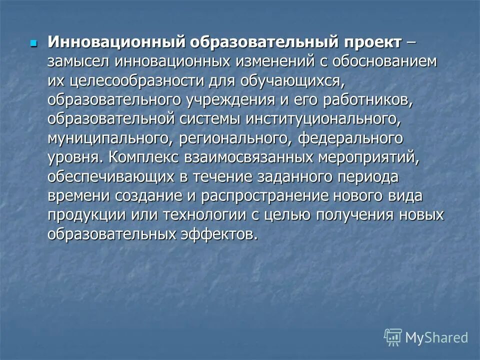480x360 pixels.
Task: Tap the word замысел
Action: click(x=78, y=61)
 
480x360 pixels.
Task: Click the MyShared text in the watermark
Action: click(x=436, y=337)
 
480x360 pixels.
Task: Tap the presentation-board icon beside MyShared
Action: click(x=393, y=337)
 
